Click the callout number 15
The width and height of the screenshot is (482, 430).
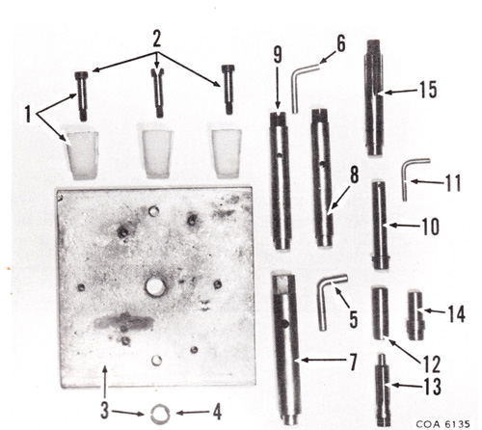pos(428,90)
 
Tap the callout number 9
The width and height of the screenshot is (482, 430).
pos(278,55)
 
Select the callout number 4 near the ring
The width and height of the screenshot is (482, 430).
pos(217,412)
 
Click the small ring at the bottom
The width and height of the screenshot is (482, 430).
pos(161,413)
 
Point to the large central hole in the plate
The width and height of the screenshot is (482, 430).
pos(155,287)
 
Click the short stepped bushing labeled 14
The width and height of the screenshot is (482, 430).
pos(415,315)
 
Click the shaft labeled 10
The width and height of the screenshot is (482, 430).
pos(381,225)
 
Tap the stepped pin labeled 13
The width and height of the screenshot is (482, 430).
pos(383,390)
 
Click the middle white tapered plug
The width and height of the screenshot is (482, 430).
pos(156,153)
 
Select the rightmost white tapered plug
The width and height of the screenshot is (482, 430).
pos(227,153)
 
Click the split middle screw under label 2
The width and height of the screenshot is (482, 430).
pos(157,93)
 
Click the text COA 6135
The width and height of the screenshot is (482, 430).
pos(443,423)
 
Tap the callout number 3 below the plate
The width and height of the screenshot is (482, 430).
pos(104,411)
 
